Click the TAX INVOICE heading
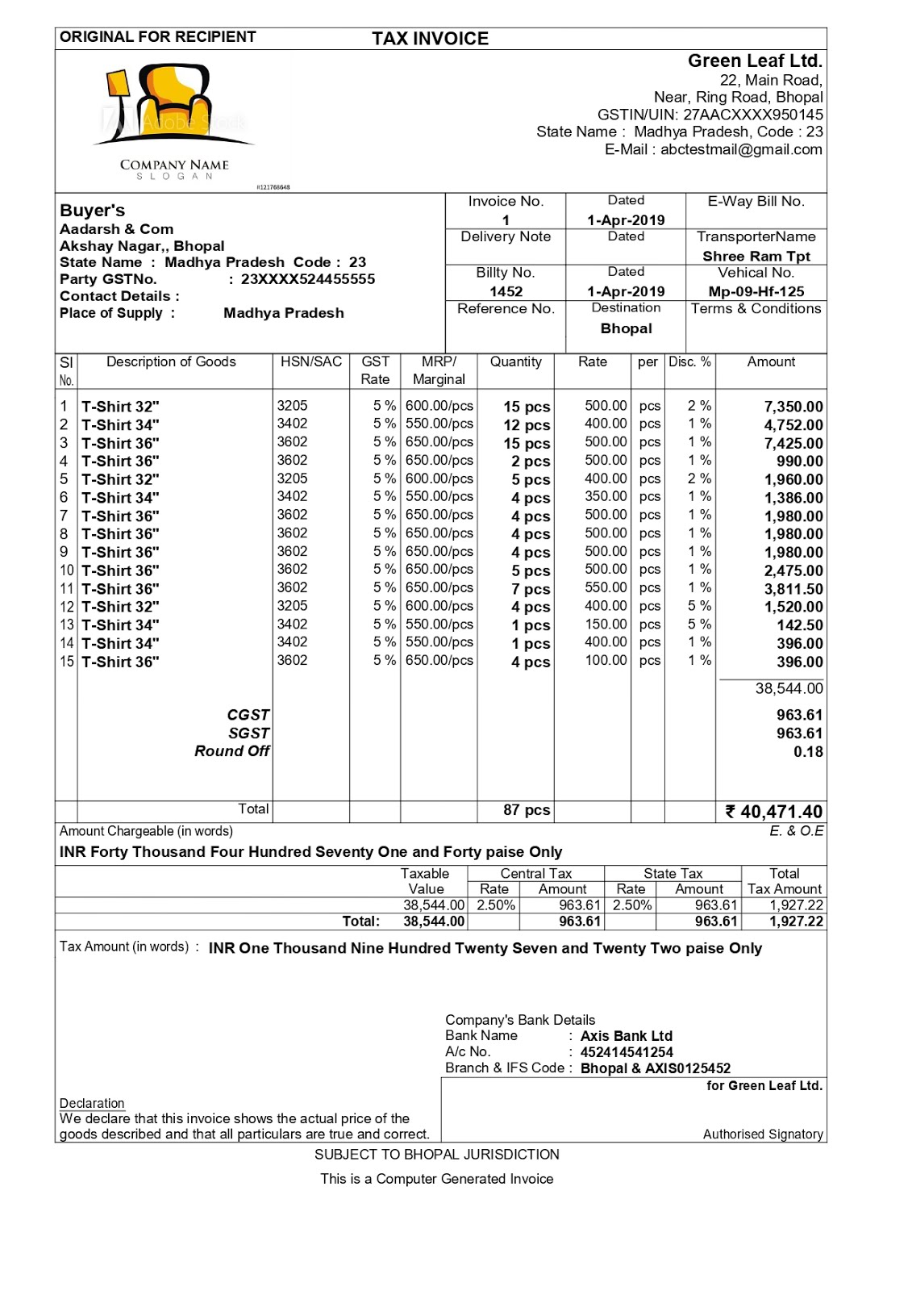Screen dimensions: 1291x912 [x=430, y=39]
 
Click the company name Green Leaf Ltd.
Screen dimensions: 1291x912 [x=755, y=61]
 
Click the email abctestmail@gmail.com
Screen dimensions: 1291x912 [x=741, y=149]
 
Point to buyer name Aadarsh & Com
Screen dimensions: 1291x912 [x=116, y=229]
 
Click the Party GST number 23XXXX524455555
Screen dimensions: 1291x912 [x=307, y=279]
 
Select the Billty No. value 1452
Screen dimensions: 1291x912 [x=506, y=291]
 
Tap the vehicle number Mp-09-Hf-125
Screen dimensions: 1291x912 [x=756, y=291]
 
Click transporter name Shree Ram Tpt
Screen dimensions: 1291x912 [x=756, y=256]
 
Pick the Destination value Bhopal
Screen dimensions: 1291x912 [x=626, y=328]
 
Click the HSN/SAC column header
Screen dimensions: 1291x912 [x=311, y=361]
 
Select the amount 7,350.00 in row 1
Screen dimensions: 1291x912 [x=793, y=407]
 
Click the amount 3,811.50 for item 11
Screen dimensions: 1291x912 [x=793, y=589]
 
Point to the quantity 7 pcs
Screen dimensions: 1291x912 [x=530, y=589]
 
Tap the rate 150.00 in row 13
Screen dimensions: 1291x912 [x=606, y=625]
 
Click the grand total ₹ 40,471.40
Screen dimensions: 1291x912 [x=773, y=812]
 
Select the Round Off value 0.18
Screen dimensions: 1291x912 [x=808, y=752]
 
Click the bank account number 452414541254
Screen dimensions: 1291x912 [x=627, y=1052]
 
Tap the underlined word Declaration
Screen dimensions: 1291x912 [x=92, y=1103]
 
